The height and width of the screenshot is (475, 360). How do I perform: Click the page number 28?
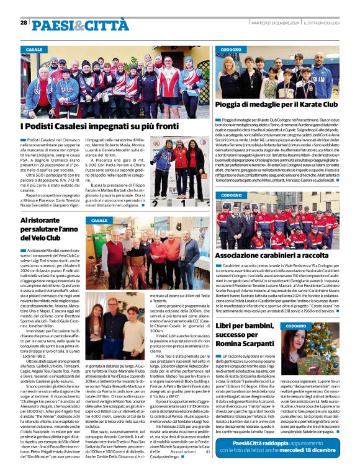coord(24,23)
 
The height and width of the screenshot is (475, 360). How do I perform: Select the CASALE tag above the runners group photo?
coord(34,49)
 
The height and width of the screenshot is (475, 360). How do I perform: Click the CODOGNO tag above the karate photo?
coord(231,49)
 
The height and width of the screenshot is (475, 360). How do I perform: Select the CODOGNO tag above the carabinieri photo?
coord(231,195)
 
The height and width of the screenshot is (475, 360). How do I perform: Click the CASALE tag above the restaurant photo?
coord(99,220)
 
